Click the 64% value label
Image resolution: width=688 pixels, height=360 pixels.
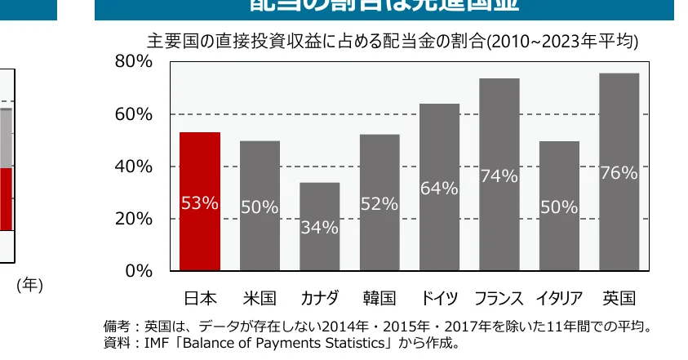439,189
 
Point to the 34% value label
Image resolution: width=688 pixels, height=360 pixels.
319,228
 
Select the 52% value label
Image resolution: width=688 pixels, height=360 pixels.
380,204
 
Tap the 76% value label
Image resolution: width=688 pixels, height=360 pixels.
619,172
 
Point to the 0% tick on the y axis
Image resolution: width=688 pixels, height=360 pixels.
139,271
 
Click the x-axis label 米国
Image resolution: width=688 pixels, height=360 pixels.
260,298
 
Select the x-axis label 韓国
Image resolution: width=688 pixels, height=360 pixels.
380,298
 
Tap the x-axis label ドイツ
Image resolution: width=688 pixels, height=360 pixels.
439,298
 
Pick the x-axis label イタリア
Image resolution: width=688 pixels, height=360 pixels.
559,298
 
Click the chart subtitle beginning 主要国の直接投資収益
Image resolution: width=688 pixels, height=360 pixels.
392,42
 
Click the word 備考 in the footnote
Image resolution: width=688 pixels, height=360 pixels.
117,327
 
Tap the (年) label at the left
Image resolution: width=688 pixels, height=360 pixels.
29,285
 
